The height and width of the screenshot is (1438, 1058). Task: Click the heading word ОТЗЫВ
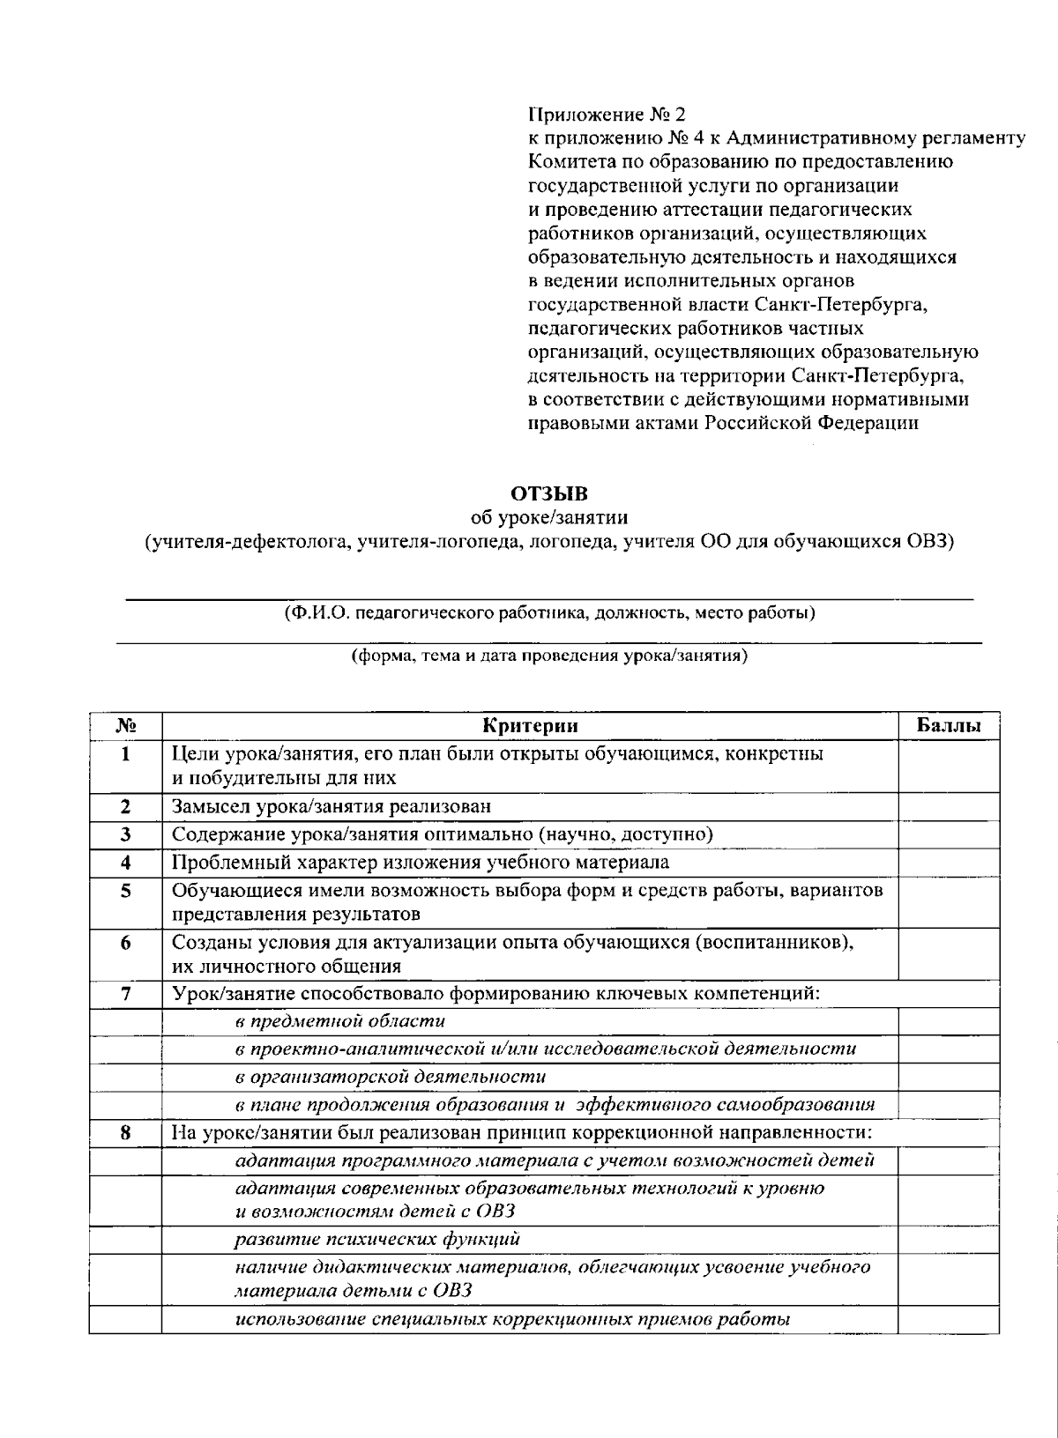pos(548,493)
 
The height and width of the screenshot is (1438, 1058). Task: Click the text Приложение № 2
pos(606,115)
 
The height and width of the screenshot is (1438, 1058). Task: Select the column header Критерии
pos(530,726)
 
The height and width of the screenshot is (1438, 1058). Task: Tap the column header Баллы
pos(949,726)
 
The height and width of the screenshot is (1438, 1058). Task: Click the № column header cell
pos(125,726)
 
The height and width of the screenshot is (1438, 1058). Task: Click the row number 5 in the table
pos(125,891)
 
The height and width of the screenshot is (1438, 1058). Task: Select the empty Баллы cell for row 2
pos(949,806)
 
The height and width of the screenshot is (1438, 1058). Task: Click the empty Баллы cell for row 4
pos(949,862)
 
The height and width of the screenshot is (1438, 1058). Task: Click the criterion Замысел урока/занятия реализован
pos(332,806)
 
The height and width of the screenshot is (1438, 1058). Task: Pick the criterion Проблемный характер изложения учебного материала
pos(420,862)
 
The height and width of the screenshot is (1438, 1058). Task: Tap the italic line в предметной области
pos(340,1021)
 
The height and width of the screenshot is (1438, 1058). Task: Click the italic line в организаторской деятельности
pos(391,1077)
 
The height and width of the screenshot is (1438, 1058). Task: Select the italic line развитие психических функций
pos(377,1240)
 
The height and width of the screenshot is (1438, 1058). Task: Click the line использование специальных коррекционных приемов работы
pos(511,1320)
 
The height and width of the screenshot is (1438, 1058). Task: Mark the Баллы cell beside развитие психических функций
pos(949,1240)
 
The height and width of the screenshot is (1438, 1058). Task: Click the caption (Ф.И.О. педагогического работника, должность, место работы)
pos(548,612)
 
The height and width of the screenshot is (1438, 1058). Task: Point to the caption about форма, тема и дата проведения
pos(548,656)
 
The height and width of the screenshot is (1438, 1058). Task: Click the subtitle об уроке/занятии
pos(548,516)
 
